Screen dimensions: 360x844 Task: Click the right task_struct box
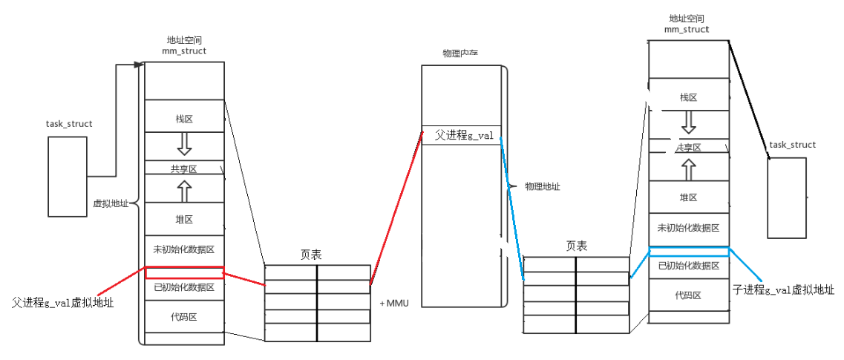tap(786, 197)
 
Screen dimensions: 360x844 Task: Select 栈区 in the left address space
tap(184, 118)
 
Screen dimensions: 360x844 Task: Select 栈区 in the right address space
tap(688, 97)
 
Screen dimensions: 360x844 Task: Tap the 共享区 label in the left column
tap(184, 168)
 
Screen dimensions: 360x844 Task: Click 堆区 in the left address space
tap(184, 219)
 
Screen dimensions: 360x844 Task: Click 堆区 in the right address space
tap(688, 197)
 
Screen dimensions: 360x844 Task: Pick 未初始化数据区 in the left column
tap(184, 249)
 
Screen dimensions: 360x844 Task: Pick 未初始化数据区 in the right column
tap(688, 227)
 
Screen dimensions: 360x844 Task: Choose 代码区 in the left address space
tap(184, 317)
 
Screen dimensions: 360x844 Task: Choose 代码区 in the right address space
tap(688, 295)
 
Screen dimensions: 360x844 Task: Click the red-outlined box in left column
tap(184, 272)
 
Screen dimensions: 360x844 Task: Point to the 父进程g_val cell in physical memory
tap(461, 135)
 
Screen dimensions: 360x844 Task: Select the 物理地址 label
tap(542, 186)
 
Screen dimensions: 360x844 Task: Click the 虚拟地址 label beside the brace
tap(111, 203)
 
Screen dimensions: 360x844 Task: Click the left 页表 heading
tap(311, 254)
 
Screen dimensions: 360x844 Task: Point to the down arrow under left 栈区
tap(184, 142)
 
